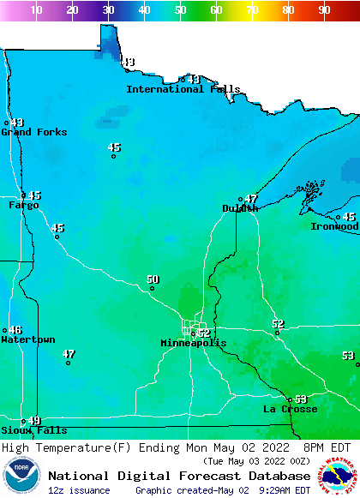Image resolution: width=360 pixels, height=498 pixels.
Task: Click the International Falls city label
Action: click(x=183, y=89)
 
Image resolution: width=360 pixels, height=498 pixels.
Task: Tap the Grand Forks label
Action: click(x=33, y=132)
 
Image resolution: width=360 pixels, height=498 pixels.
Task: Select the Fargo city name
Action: click(x=24, y=206)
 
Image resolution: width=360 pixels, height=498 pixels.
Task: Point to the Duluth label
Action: click(x=240, y=208)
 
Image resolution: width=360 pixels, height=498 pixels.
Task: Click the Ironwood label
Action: click(x=334, y=226)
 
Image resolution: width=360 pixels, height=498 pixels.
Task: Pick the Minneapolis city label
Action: click(x=194, y=343)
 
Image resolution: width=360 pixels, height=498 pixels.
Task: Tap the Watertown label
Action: click(x=28, y=340)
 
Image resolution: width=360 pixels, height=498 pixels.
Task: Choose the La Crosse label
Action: click(x=290, y=410)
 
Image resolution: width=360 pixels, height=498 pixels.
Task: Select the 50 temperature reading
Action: click(x=153, y=279)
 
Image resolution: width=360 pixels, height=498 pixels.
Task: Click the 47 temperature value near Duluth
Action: click(x=251, y=199)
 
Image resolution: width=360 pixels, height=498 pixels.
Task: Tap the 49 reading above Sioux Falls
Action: click(x=34, y=421)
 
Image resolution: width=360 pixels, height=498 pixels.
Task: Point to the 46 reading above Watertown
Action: click(x=15, y=330)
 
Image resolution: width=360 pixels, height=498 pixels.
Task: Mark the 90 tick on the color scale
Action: click(x=324, y=10)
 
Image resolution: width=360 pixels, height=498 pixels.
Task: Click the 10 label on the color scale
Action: click(x=36, y=10)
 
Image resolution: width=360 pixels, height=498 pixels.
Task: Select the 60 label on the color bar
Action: click(x=216, y=10)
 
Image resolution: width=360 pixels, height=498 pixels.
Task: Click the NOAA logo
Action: click(x=21, y=476)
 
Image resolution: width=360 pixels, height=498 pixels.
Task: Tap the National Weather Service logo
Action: click(x=339, y=476)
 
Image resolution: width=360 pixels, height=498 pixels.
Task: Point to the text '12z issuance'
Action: click(x=79, y=490)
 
